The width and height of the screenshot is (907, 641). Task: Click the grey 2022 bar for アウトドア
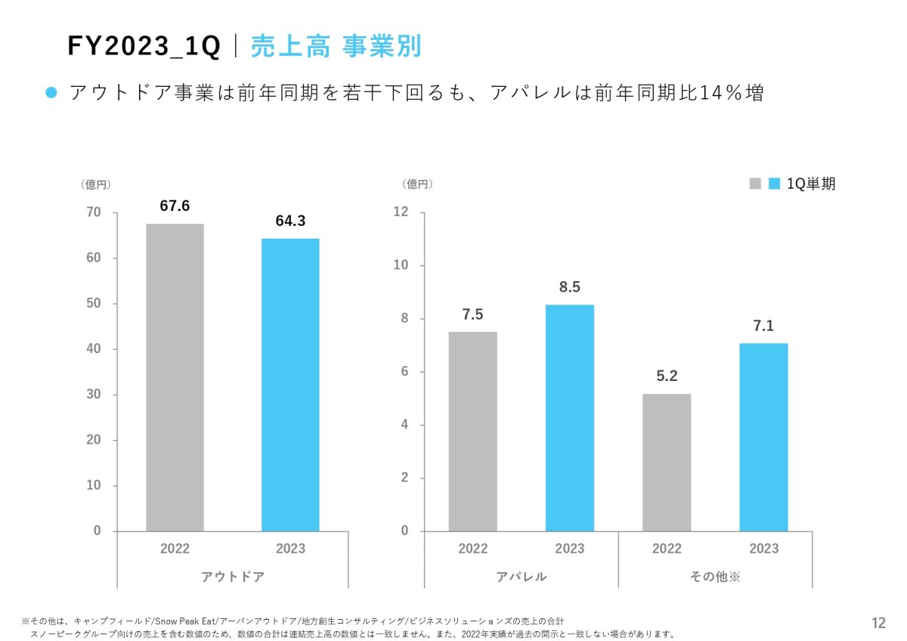tap(175, 377)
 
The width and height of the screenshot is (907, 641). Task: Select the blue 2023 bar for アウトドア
tap(290, 385)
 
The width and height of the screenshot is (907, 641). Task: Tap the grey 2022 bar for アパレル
tap(472, 431)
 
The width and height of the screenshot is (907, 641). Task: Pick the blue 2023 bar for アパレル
tap(569, 417)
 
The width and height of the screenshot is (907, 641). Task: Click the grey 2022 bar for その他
tap(667, 462)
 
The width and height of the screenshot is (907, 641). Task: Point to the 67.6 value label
tap(175, 206)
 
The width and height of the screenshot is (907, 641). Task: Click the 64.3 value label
tap(290, 221)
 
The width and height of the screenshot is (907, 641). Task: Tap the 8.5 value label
tap(569, 287)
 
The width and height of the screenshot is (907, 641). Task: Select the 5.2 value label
tap(667, 376)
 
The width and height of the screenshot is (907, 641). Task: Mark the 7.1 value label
tap(763, 326)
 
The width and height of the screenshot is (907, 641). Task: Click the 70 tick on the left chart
tap(93, 212)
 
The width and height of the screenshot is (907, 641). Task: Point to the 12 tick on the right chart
tap(401, 212)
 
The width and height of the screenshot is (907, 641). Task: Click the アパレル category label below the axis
tap(522, 577)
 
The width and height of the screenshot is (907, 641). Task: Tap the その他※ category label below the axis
tap(714, 577)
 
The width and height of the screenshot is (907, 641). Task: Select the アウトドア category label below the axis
tap(233, 577)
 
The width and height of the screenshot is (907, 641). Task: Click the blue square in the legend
tap(774, 184)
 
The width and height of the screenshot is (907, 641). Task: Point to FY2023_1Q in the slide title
tap(144, 47)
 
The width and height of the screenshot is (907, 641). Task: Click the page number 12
tap(878, 623)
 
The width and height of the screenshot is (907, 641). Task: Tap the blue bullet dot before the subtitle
tap(51, 93)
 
